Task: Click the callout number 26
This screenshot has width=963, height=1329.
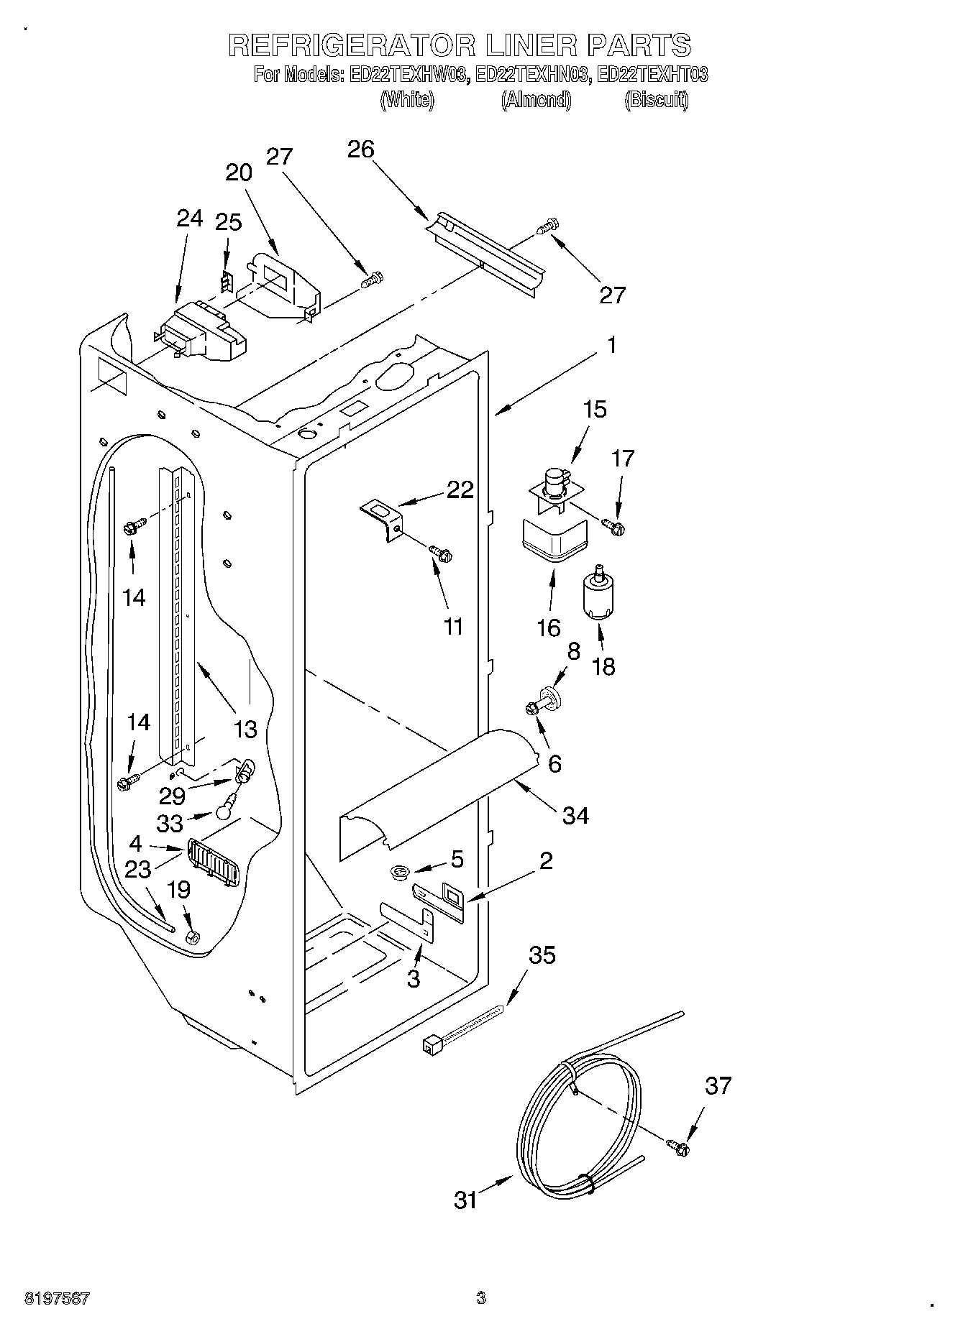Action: (x=361, y=150)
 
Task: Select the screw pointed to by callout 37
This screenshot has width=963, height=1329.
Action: (x=677, y=1149)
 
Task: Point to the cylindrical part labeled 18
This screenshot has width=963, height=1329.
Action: (x=596, y=594)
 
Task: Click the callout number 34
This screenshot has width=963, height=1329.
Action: (x=575, y=815)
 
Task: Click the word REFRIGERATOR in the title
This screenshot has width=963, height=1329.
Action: (x=352, y=45)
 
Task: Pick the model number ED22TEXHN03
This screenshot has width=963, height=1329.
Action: (x=534, y=74)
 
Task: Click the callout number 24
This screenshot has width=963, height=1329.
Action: (x=190, y=219)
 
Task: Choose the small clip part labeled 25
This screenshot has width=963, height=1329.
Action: (x=226, y=282)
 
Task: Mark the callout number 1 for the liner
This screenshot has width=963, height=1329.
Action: (x=611, y=346)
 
